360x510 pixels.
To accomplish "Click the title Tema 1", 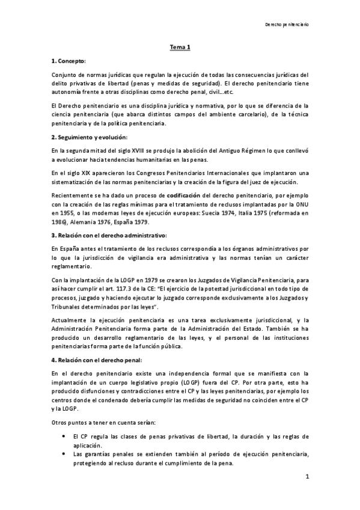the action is (179, 48).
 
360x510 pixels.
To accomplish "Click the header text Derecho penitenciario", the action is (288, 25).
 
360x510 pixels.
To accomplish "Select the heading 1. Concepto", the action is (69, 61).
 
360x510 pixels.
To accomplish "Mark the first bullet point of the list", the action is (63, 435).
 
